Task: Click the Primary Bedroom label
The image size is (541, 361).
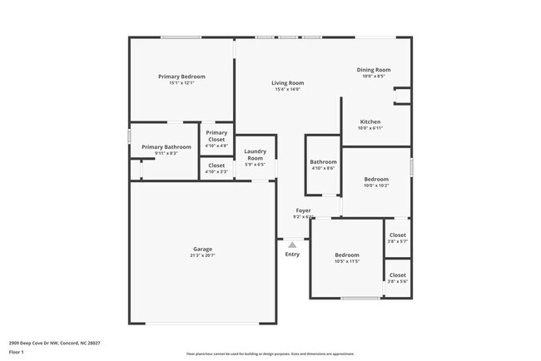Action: click(x=181, y=77)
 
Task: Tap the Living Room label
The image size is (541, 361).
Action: click(x=288, y=82)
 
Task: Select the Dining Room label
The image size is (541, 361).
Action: click(x=374, y=70)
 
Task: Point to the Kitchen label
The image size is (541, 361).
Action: click(x=370, y=121)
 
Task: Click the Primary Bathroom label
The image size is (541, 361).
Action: click(x=166, y=146)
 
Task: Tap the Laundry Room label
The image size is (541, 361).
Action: click(x=255, y=154)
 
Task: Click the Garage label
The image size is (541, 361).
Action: click(x=202, y=249)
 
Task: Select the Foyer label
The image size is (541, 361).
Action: click(x=302, y=210)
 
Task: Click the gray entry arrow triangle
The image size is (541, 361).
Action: click(x=292, y=245)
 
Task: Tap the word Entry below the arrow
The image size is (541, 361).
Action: click(x=292, y=255)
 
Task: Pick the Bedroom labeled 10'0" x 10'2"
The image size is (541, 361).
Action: click(x=375, y=179)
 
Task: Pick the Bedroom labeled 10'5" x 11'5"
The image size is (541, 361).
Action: click(x=347, y=255)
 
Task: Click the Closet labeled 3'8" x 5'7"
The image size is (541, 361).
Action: click(x=398, y=235)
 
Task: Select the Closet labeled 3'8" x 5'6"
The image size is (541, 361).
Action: click(x=398, y=274)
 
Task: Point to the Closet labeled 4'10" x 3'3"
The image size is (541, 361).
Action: click(x=216, y=166)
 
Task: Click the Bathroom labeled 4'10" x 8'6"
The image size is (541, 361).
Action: click(x=323, y=161)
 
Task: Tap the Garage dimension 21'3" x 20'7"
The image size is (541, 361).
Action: click(x=202, y=255)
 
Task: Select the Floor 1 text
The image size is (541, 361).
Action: click(x=17, y=352)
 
